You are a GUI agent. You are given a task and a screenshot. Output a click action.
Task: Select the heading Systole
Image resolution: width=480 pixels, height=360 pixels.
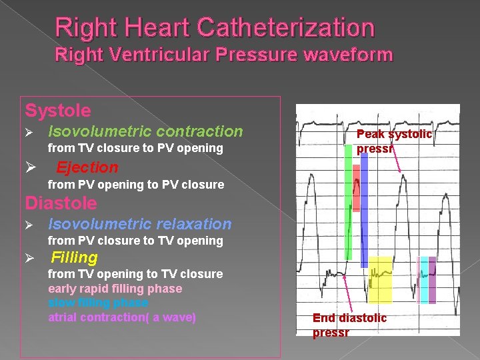tap(58, 110)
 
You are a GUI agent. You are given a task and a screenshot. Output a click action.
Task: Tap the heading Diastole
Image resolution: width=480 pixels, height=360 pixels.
tap(61, 203)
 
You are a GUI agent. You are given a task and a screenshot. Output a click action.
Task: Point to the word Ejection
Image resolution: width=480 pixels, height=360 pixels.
tap(87, 167)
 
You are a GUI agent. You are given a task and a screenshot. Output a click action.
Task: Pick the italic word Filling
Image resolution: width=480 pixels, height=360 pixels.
tap(75, 257)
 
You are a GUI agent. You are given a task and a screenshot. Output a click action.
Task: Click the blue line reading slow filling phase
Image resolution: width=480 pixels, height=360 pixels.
tap(98, 303)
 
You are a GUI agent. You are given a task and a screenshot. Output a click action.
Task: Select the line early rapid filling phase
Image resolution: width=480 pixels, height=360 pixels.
tap(115, 289)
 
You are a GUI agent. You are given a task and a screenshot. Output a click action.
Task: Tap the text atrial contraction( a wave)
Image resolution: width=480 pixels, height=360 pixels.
tap(122, 317)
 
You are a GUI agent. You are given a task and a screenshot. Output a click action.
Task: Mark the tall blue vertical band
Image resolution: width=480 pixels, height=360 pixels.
tap(364, 210)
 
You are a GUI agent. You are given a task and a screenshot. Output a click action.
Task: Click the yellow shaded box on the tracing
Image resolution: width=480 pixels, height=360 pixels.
tap(381, 280)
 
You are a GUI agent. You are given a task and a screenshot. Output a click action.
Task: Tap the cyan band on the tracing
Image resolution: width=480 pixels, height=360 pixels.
tap(424, 279)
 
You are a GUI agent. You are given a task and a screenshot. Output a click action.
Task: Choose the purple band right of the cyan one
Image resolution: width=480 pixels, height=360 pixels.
tap(432, 279)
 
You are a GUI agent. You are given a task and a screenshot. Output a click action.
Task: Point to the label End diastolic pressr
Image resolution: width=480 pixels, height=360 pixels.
tap(349, 325)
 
